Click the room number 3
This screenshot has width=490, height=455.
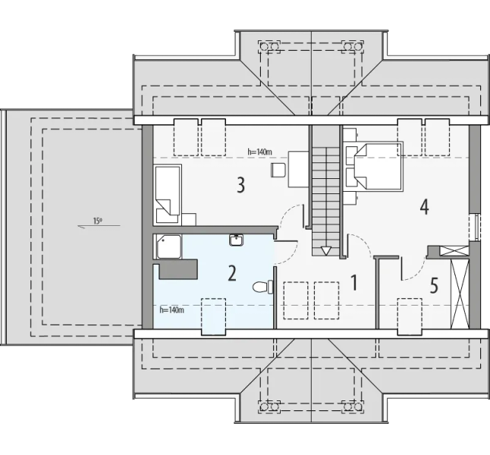240,185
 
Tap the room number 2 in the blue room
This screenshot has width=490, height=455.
232,273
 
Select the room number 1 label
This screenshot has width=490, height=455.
353,283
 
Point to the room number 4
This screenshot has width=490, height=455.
424,206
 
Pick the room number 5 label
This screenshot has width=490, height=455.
434,286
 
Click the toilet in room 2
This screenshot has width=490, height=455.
262,287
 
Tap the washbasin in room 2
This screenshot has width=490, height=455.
237,240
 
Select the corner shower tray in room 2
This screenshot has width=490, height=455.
168,246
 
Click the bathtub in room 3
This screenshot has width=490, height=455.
168,194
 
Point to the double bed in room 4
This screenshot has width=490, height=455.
378,165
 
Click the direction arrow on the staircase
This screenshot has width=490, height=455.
325,250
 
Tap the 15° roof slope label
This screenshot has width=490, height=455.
98,221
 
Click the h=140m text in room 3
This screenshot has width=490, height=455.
259,152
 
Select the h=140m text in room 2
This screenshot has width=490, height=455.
171,310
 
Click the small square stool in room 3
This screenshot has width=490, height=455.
278,170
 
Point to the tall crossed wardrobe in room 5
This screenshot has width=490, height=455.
460,293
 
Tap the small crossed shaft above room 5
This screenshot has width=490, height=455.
454,251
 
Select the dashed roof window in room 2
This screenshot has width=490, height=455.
213,316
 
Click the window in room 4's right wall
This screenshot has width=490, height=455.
474,227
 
